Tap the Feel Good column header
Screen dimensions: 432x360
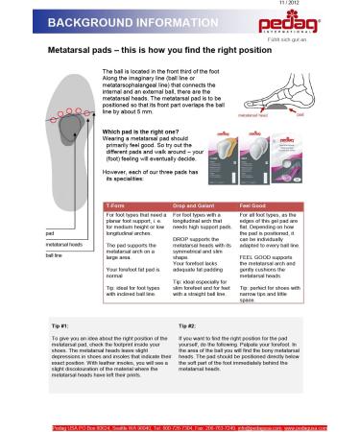click(252, 205)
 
